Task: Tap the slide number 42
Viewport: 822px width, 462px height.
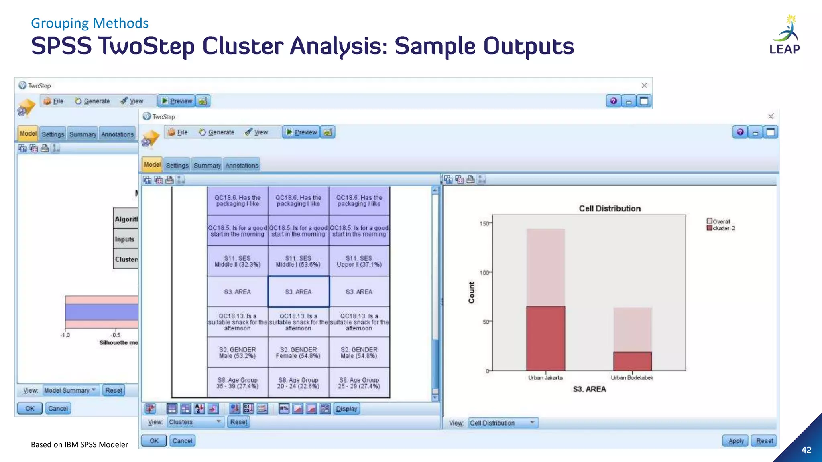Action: [806, 450]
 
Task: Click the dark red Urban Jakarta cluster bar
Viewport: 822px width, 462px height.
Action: [545, 338]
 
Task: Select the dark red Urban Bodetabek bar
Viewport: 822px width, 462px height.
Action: [632, 361]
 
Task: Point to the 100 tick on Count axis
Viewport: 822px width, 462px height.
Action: [485, 273]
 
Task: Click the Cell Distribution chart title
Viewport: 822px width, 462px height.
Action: [609, 209]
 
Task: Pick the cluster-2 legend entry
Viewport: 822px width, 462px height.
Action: [721, 228]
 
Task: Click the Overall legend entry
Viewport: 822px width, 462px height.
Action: [719, 221]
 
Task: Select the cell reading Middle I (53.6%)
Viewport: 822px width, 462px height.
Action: [298, 261]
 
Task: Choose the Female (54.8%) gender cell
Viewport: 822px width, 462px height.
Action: [298, 353]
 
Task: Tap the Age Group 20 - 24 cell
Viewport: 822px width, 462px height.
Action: [298, 383]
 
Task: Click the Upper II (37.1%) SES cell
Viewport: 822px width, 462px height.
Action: [359, 261]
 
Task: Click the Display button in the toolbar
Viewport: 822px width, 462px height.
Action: [346, 409]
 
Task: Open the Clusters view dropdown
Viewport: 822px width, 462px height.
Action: [195, 422]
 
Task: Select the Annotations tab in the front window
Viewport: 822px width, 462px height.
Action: [242, 165]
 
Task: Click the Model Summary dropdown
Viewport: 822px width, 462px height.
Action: [70, 390]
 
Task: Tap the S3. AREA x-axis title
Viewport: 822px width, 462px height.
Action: [589, 389]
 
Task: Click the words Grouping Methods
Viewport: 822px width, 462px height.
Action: [90, 23]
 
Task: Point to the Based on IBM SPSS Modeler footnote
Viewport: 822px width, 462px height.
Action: [79, 444]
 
